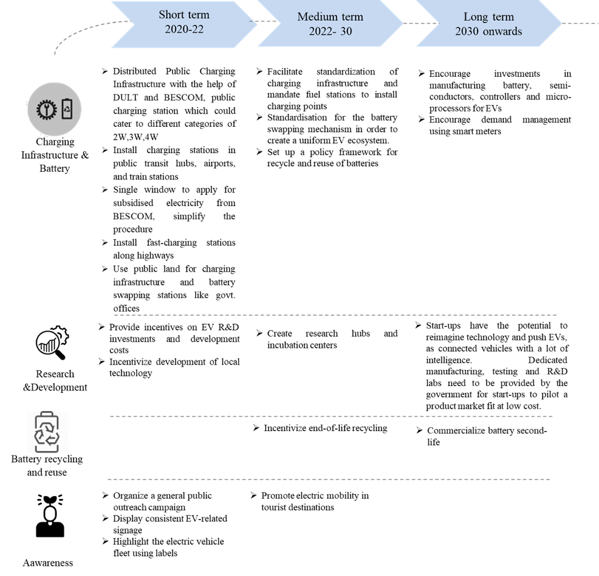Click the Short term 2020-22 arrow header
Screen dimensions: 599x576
(184, 24)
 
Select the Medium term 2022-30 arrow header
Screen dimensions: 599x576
(330, 24)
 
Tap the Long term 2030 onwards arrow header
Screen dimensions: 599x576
(488, 24)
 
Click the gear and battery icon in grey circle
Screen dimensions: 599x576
(54, 109)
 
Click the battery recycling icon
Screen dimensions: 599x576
(47, 432)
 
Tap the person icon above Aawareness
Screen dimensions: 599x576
(49, 515)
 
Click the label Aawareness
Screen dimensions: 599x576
(48, 563)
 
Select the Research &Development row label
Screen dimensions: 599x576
(55, 380)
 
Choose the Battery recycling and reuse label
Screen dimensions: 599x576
(47, 465)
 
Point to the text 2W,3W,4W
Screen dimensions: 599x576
(136, 137)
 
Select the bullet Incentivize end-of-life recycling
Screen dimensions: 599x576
(320, 429)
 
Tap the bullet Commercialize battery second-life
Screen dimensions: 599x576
(481, 436)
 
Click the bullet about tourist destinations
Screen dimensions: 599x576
(310, 501)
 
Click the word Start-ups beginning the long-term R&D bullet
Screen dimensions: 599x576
(443, 325)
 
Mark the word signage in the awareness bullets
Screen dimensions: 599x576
(128, 530)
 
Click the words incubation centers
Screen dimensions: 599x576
(302, 345)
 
